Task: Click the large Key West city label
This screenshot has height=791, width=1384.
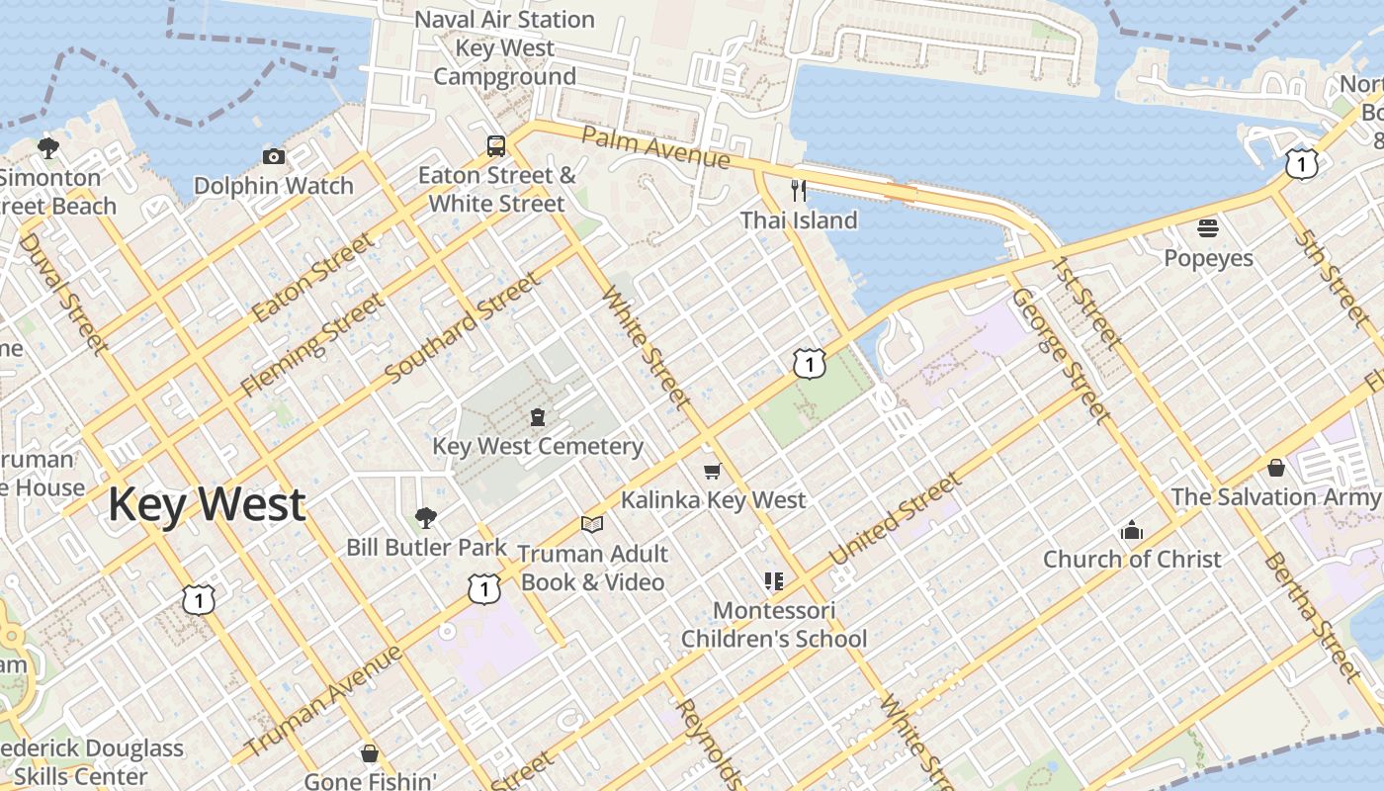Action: tap(207, 504)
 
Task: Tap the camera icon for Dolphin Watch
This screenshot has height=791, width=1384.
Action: tap(274, 156)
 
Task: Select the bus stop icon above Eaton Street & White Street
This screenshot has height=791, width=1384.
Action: tap(496, 146)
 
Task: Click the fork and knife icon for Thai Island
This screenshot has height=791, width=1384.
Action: tap(799, 190)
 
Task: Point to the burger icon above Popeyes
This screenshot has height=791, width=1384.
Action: tap(1207, 228)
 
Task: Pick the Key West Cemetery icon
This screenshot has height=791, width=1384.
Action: tap(538, 416)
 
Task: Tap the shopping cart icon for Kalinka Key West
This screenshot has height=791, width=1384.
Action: tap(712, 471)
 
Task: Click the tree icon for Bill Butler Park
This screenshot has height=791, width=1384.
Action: tap(426, 517)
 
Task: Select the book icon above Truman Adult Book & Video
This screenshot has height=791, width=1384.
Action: tap(592, 524)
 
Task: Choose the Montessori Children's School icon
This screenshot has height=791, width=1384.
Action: tap(773, 580)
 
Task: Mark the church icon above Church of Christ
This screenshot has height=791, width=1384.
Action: tap(1132, 530)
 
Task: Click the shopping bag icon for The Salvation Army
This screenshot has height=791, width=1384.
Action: tap(1276, 467)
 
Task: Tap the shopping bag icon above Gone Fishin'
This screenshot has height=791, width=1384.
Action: tap(370, 753)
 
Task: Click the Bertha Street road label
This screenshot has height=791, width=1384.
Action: tap(1313, 616)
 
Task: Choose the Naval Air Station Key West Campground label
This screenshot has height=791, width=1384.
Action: tap(504, 47)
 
